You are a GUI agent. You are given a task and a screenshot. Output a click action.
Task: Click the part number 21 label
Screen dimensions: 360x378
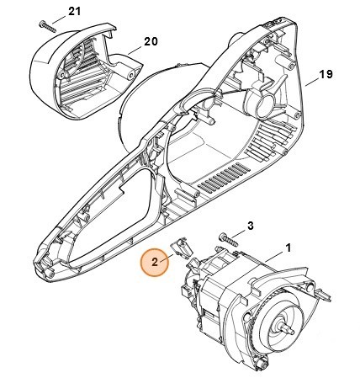coord(74,12)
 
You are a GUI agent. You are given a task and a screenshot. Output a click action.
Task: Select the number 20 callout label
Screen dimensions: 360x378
coord(151,41)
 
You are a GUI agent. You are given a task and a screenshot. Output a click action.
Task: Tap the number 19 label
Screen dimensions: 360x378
coord(326,74)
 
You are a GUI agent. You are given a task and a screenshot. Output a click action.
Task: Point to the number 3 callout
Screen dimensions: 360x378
coord(251,226)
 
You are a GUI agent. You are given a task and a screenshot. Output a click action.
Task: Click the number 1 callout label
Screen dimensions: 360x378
coord(289,248)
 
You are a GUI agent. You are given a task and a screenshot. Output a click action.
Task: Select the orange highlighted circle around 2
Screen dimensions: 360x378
coord(155,263)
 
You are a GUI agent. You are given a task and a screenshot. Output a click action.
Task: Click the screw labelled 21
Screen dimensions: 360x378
coord(48,26)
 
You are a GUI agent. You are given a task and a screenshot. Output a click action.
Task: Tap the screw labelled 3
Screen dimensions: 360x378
coord(228,240)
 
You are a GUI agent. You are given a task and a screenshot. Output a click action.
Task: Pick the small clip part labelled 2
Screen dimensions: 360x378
coord(181,246)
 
